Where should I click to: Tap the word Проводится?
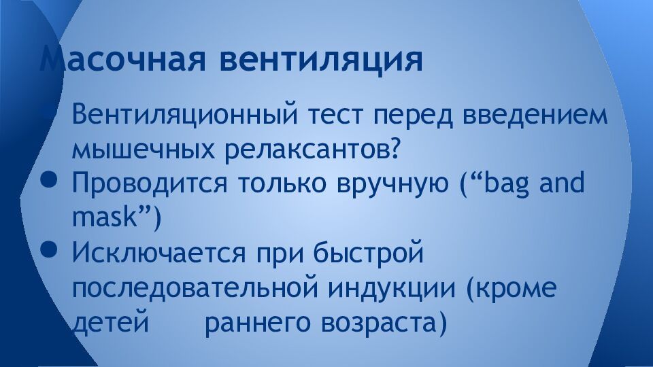150,184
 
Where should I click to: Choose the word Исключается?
159,254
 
